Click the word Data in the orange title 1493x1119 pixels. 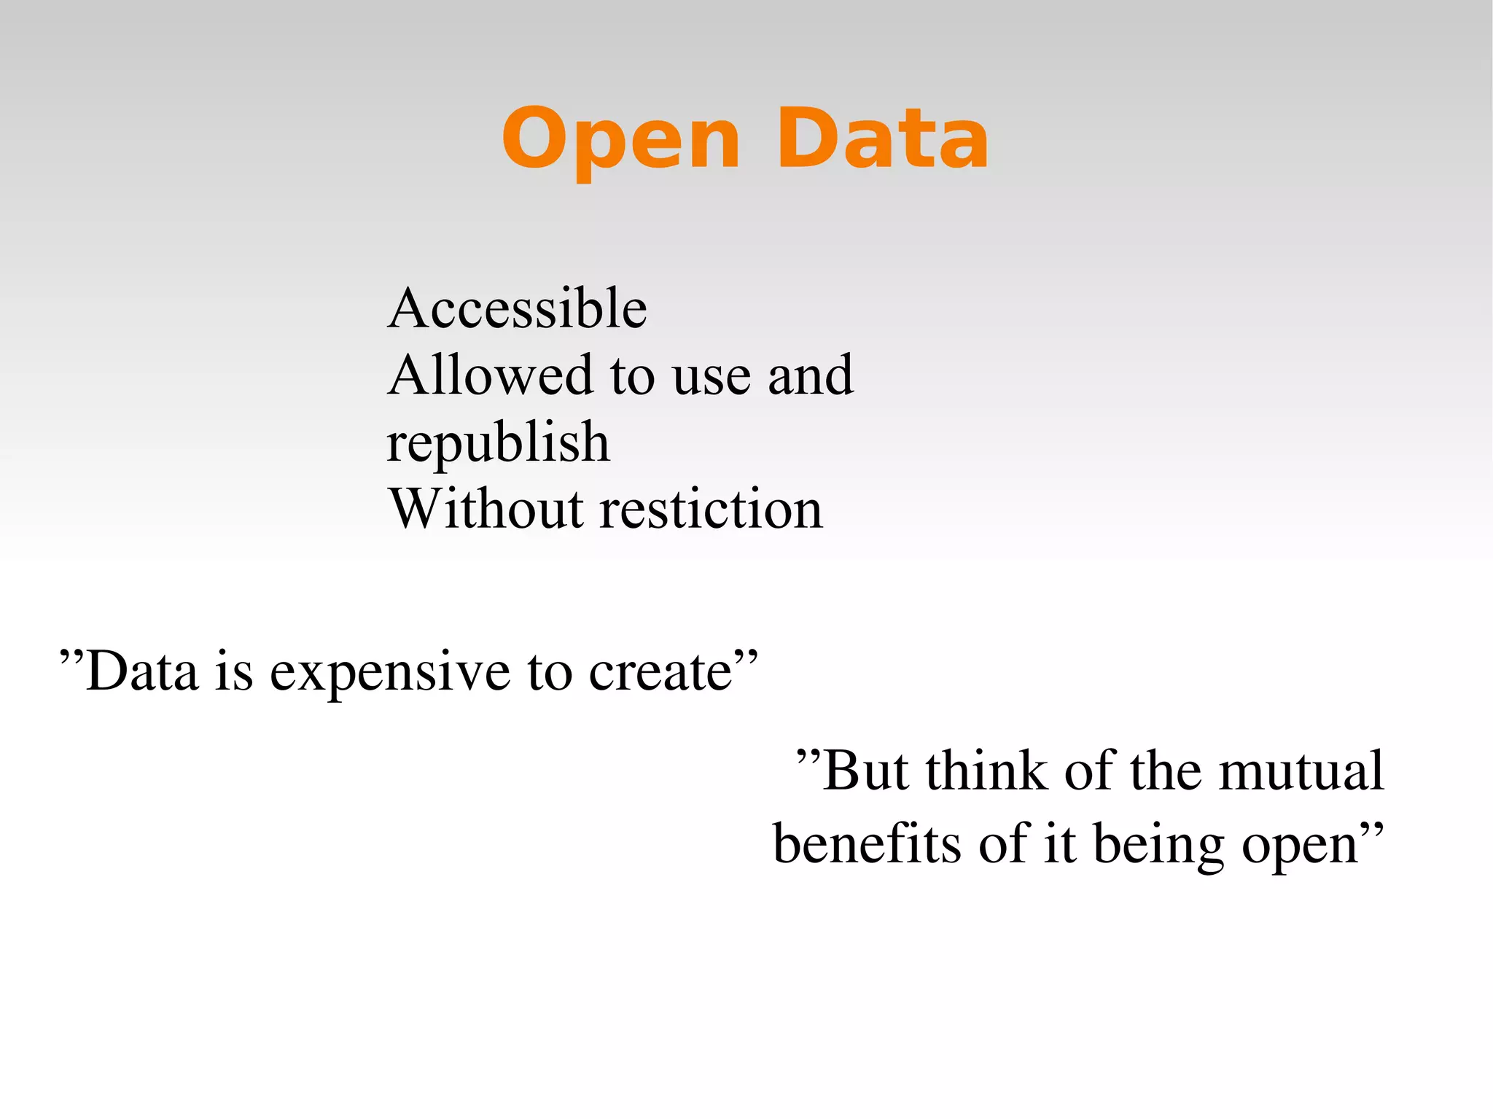[882, 140]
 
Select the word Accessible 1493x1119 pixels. [517, 308]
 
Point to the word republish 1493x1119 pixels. [498, 443]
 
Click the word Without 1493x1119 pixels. [486, 509]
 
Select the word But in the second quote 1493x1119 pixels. [865, 771]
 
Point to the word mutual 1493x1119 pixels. [1301, 771]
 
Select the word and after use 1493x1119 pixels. [810, 375]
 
